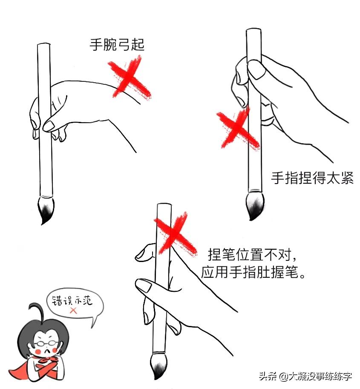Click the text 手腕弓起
(117, 44)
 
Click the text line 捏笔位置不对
(251, 254)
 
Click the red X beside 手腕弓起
(129, 80)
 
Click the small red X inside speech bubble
(73, 311)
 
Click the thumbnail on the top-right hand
(256, 69)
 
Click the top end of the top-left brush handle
(44, 45)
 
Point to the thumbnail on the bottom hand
(143, 285)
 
